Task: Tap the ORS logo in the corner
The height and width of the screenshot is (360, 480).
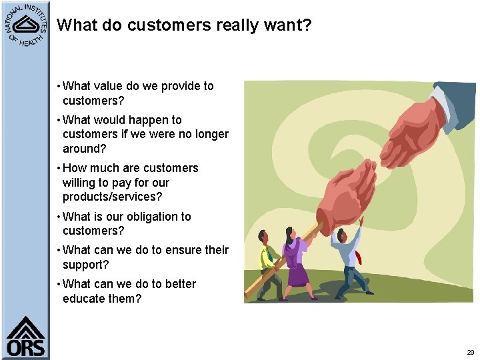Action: (x=26, y=337)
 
